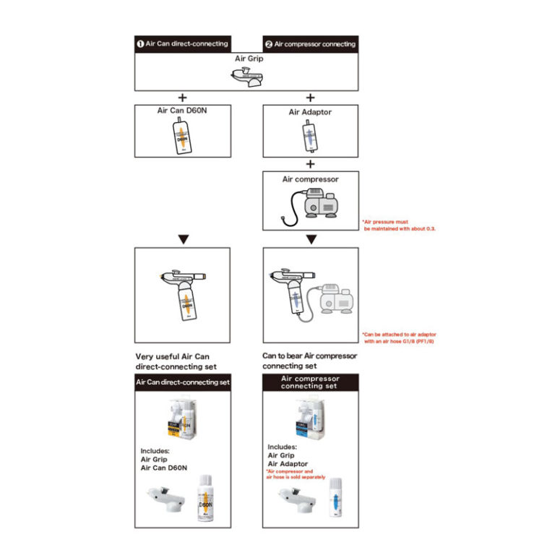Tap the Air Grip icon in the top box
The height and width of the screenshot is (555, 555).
pyautogui.click(x=246, y=76)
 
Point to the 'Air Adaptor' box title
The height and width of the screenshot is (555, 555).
pyautogui.click(x=310, y=112)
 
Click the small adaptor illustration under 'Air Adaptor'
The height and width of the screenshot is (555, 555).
pyautogui.click(x=310, y=136)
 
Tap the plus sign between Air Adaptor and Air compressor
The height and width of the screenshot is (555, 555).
pyautogui.click(x=310, y=163)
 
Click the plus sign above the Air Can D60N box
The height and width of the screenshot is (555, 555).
pyautogui.click(x=182, y=98)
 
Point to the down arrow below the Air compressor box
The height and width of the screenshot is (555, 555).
pyautogui.click(x=310, y=238)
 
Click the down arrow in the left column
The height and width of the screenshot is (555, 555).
pyautogui.click(x=182, y=238)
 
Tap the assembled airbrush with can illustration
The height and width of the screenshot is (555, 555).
pyautogui.click(x=182, y=293)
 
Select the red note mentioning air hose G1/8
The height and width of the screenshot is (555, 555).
pyautogui.click(x=399, y=338)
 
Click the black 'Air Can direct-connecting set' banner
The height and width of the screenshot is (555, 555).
pyautogui.click(x=182, y=382)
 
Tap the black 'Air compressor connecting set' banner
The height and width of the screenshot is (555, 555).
pyautogui.click(x=310, y=382)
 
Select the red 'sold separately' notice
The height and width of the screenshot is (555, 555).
pyautogui.click(x=296, y=474)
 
